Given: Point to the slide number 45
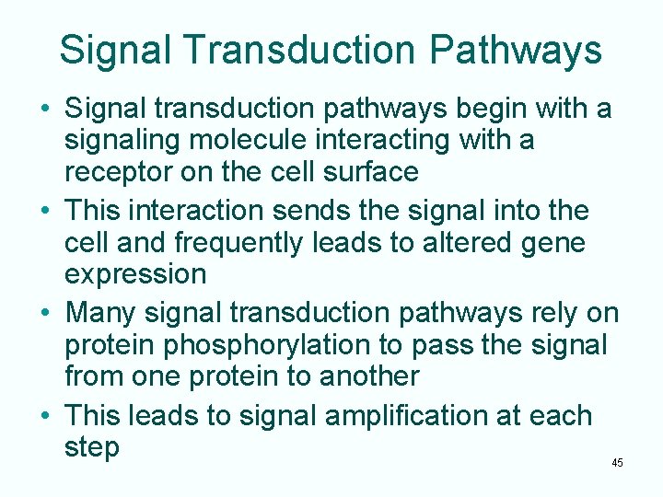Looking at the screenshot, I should (x=617, y=463).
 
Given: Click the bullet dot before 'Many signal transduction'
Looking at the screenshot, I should (x=45, y=314).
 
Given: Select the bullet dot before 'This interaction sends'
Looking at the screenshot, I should (x=45, y=212).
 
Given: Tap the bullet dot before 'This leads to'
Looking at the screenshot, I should (x=45, y=416).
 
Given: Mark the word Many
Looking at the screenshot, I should (x=100, y=314).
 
